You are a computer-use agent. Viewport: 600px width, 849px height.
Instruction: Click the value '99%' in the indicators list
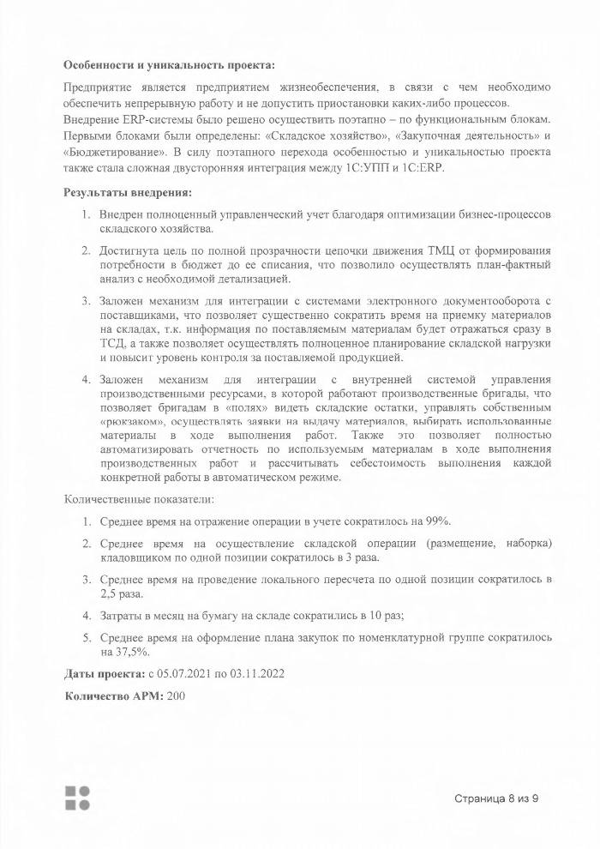[x=450, y=521]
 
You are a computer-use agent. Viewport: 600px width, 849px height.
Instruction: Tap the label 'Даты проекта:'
[x=105, y=672]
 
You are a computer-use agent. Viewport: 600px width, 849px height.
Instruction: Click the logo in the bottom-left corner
[x=77, y=797]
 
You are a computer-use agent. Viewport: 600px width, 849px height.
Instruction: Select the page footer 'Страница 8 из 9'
[x=496, y=798]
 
